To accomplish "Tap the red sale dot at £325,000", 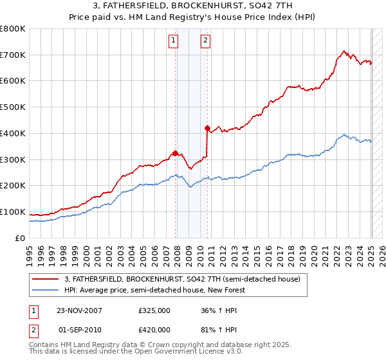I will [175, 153].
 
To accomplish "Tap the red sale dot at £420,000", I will [207, 128].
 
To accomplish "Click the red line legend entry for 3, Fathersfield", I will [182, 280].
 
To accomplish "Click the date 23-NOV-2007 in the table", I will [80, 310].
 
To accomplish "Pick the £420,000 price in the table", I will [154, 330].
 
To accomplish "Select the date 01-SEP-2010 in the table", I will [80, 330].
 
